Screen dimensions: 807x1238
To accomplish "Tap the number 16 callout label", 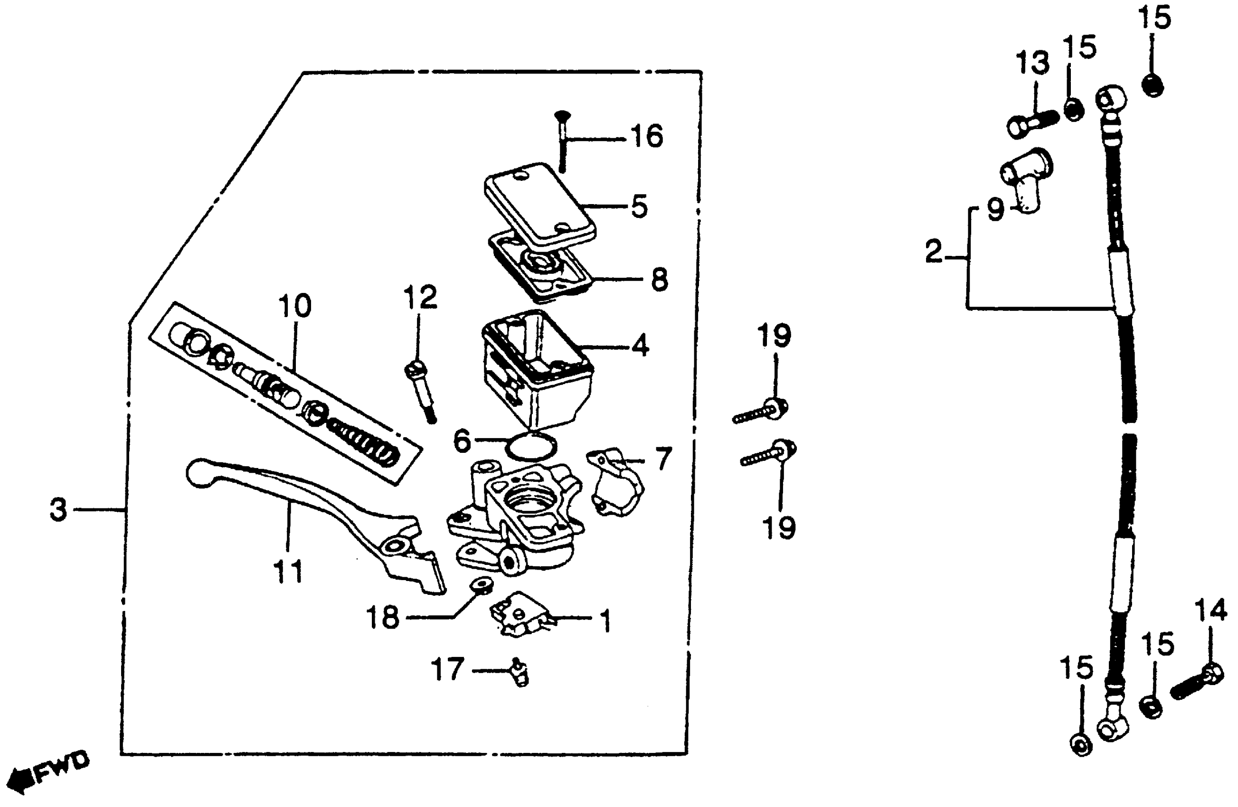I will point(647,137).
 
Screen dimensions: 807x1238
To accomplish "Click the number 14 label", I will point(1210,611).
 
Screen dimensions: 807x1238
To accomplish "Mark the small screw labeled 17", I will point(519,672).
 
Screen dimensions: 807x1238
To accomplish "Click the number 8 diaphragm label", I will point(659,280).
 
